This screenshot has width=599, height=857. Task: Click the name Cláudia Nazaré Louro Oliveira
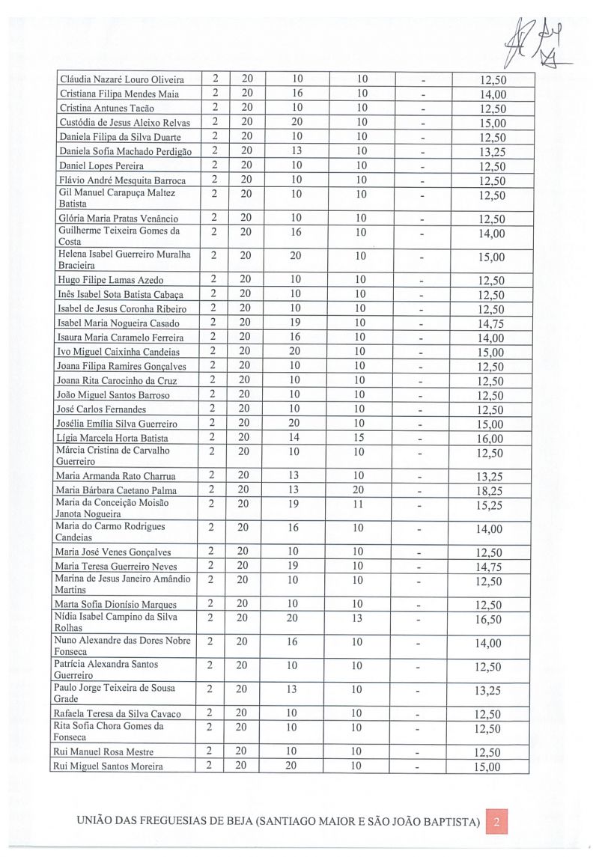coord(121,80)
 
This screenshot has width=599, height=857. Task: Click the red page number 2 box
coord(496,822)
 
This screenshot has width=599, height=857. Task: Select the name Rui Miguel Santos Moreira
coord(109,766)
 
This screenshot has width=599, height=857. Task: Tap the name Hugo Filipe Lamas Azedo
coord(111,280)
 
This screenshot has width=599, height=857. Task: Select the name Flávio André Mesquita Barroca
coord(122,180)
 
